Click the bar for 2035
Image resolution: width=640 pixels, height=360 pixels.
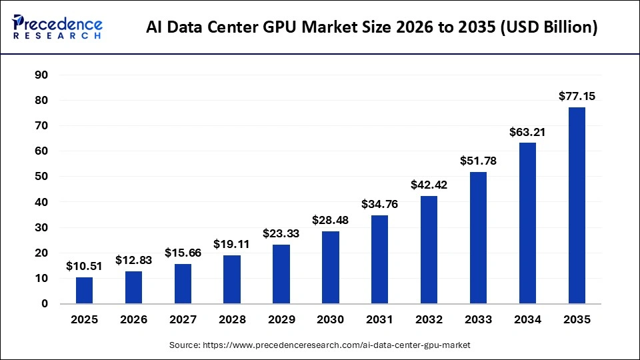pyautogui.click(x=577, y=205)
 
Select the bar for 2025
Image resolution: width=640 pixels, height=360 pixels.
pyautogui.click(x=85, y=290)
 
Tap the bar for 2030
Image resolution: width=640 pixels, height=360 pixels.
pyautogui.click(x=331, y=267)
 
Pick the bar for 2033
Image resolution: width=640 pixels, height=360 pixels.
pyautogui.click(x=478, y=237)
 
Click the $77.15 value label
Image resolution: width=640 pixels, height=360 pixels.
pyautogui.click(x=577, y=97)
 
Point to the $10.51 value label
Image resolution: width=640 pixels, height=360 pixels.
pyautogui.click(x=85, y=266)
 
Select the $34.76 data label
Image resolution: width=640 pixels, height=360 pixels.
pyautogui.click(x=380, y=205)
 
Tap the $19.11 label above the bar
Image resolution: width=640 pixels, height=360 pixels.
pyautogui.click(x=232, y=244)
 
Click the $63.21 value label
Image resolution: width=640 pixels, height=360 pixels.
pyautogui.click(x=527, y=132)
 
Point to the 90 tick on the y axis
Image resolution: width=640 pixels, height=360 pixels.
pyautogui.click(x=41, y=75)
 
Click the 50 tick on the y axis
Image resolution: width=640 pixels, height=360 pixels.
pyautogui.click(x=41, y=177)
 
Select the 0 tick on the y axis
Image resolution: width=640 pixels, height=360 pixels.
pyautogui.click(x=45, y=304)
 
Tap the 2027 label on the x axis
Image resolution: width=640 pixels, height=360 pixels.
pyautogui.click(x=183, y=320)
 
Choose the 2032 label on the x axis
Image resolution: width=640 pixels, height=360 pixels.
pyautogui.click(x=429, y=320)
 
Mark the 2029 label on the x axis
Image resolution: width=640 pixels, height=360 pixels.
pyautogui.click(x=281, y=320)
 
